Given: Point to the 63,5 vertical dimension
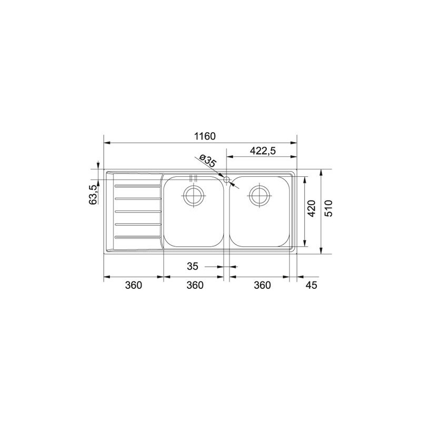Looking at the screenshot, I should (93, 194).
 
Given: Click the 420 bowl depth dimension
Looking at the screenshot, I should (311, 209).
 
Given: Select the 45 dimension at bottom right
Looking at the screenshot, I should (311, 285).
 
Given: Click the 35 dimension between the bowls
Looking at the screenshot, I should (192, 267).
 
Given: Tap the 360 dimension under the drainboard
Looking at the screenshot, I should (134, 285).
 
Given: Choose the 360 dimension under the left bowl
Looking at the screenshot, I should (194, 285).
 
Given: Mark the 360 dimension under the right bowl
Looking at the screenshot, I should (262, 285).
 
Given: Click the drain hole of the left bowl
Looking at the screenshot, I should (193, 195).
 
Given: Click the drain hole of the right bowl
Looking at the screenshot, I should (259, 195).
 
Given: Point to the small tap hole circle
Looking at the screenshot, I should (227, 181).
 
